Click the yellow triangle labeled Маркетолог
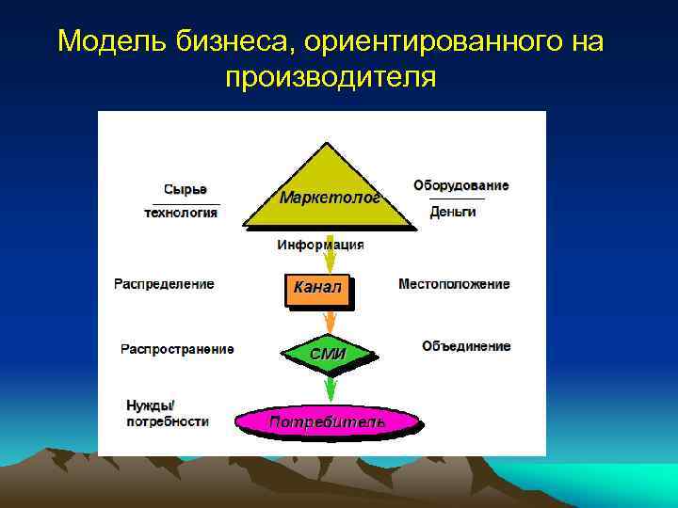tap(329, 193)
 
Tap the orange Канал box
tap(317, 288)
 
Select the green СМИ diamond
tap(329, 354)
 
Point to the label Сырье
tap(185, 189)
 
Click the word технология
tap(181, 213)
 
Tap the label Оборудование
tap(461, 185)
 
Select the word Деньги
tap(453, 212)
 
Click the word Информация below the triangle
tap(321, 246)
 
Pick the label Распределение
tap(164, 284)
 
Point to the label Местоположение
tap(454, 284)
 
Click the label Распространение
tap(177, 349)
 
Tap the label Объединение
tap(466, 346)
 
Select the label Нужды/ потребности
tap(168, 414)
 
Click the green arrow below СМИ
tap(330, 388)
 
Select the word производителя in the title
tap(331, 76)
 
